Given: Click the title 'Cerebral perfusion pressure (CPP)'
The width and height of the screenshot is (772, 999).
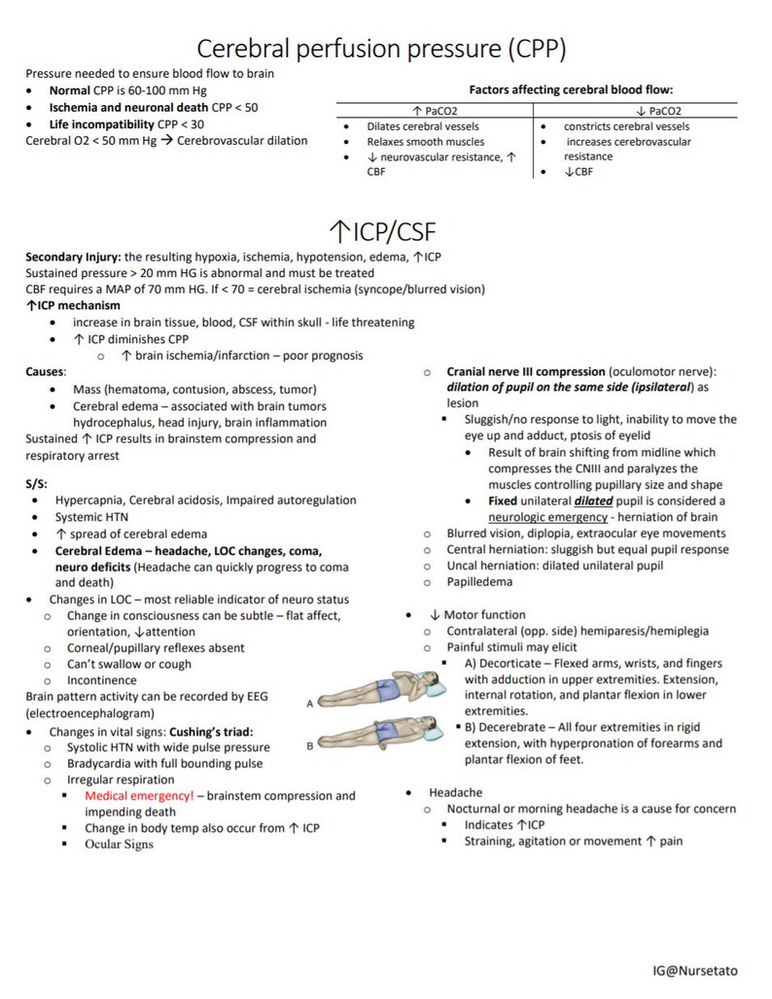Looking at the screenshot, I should pyautogui.click(x=381, y=48).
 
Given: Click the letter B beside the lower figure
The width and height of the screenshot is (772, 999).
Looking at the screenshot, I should pyautogui.click(x=308, y=745).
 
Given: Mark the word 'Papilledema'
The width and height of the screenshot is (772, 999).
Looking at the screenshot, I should pyautogui.click(x=479, y=582).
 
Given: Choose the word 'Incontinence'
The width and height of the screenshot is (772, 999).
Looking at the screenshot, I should pyautogui.click(x=102, y=680).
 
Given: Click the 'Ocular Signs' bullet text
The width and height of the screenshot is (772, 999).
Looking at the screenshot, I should pyautogui.click(x=119, y=844).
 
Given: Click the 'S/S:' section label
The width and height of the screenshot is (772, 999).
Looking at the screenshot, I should pyautogui.click(x=36, y=483).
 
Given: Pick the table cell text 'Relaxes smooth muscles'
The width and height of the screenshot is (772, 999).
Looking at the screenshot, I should pyautogui.click(x=425, y=142).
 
